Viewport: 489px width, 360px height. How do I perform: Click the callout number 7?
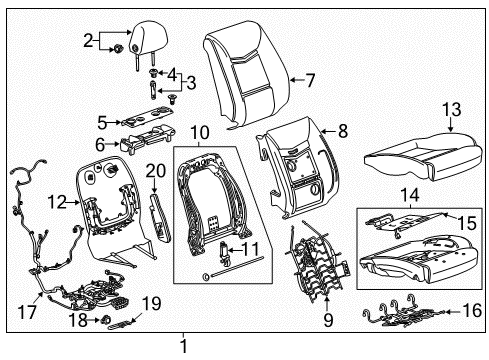pyautogui.click(x=311, y=79)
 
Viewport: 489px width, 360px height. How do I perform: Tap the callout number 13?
pyautogui.click(x=451, y=110)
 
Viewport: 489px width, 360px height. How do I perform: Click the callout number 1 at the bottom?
pyautogui.click(x=183, y=347)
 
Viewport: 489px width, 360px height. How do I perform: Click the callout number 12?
pyautogui.click(x=57, y=202)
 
